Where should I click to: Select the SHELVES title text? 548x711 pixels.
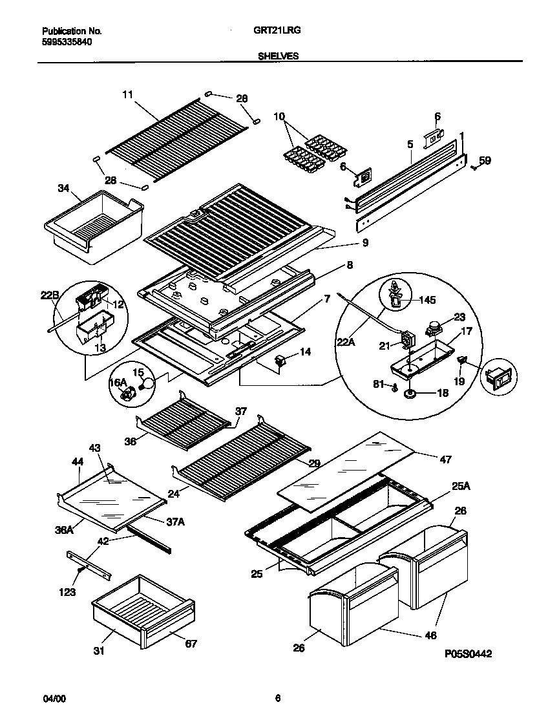point(278,56)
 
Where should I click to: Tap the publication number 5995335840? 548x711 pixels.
point(67,42)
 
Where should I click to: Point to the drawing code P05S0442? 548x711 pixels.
point(469,654)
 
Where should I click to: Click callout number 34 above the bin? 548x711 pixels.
point(63,188)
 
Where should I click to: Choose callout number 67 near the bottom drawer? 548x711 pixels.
point(191,643)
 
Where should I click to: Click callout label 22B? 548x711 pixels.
point(50,296)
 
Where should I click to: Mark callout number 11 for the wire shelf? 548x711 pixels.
point(127,94)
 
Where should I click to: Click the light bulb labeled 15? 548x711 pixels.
point(149,383)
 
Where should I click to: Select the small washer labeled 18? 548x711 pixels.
point(409,392)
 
